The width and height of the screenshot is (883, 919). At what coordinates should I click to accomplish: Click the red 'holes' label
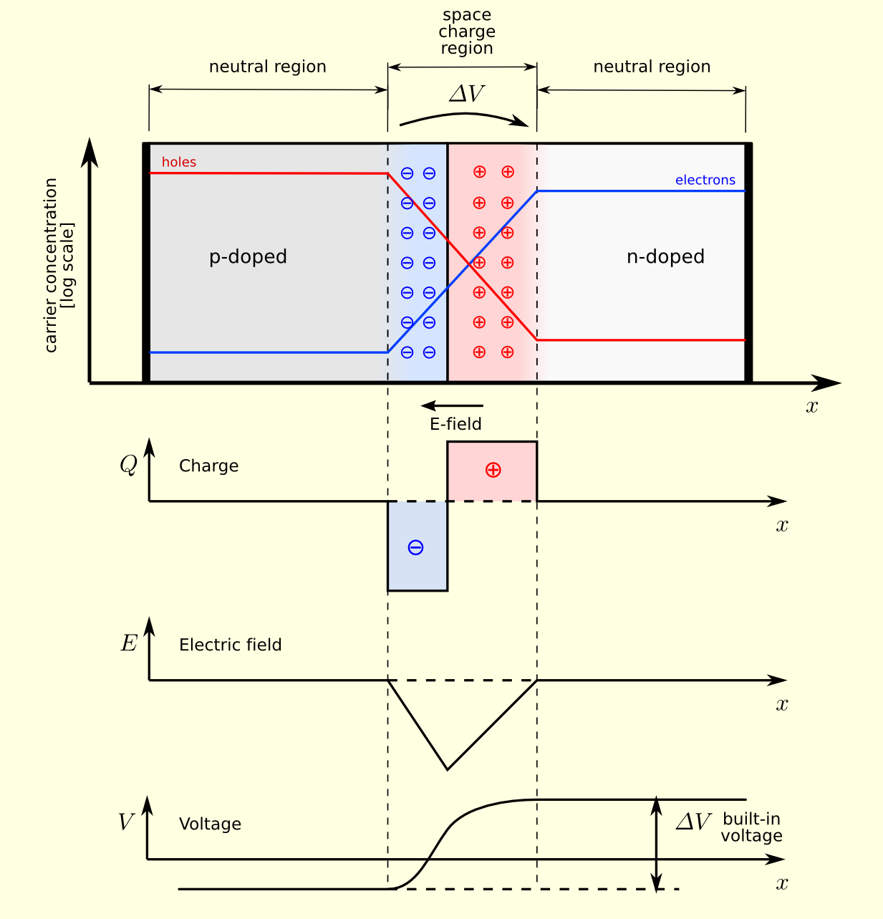[x=178, y=163]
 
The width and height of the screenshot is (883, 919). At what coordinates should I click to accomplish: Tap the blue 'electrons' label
[x=705, y=181]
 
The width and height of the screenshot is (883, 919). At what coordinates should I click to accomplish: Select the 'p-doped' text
[x=248, y=257]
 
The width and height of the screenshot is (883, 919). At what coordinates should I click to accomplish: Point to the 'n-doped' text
[x=665, y=257]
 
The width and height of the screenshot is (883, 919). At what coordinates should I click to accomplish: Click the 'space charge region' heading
[x=467, y=32]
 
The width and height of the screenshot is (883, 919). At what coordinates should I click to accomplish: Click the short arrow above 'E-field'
[x=452, y=406]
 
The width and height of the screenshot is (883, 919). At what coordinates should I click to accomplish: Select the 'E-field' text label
[x=455, y=425]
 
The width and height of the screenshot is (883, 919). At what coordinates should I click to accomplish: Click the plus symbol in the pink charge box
[x=493, y=470]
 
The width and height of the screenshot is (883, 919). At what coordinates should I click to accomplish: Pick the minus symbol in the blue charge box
[x=415, y=548]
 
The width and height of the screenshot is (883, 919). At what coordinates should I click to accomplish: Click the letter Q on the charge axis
[x=128, y=466]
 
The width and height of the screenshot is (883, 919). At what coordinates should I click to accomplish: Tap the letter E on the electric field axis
[x=128, y=644]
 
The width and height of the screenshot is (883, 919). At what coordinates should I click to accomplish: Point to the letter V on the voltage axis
[x=126, y=822]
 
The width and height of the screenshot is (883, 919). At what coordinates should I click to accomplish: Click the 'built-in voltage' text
[x=751, y=828]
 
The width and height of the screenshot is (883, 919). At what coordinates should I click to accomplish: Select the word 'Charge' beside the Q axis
[x=208, y=466]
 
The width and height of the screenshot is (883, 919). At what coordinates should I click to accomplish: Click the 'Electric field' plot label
[x=230, y=645]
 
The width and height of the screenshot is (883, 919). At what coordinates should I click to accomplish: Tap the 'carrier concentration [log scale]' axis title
[x=59, y=265]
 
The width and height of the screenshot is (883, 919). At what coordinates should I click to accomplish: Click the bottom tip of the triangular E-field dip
[x=448, y=769]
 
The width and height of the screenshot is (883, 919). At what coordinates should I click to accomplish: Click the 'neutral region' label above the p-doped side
[x=267, y=67]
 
